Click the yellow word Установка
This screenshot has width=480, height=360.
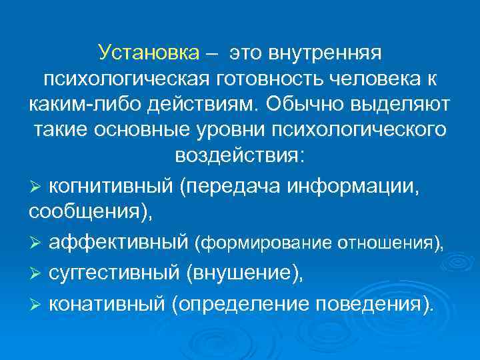tap(148, 52)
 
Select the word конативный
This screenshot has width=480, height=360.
tap(106, 305)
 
